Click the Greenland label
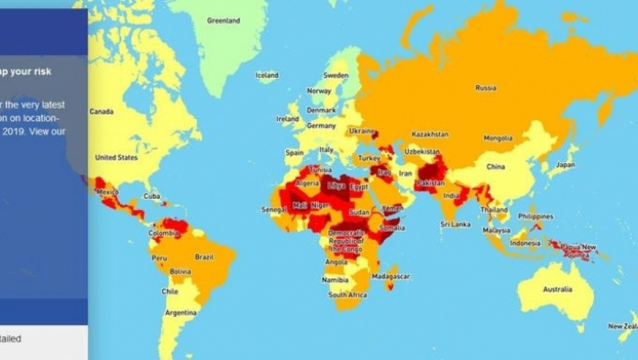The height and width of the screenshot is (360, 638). [224, 21]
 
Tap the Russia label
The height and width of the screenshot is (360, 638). [486, 88]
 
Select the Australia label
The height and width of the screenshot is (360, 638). [557, 289]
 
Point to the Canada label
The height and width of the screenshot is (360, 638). [102, 112]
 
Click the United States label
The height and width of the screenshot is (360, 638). [116, 157]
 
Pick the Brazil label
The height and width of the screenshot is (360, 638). [204, 257]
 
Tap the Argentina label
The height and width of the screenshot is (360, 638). [180, 313]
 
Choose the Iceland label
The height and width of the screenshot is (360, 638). [267, 75]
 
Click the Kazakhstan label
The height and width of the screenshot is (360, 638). [430, 134]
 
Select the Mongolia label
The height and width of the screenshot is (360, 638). [498, 139]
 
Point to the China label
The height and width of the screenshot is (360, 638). [495, 167]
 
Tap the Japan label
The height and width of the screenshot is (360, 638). [565, 165]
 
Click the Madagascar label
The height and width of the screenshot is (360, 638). [390, 276]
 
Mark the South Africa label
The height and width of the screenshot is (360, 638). [347, 296]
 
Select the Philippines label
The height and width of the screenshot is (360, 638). [535, 216]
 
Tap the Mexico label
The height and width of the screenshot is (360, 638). [108, 193]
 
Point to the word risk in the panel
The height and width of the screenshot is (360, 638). [40, 71]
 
